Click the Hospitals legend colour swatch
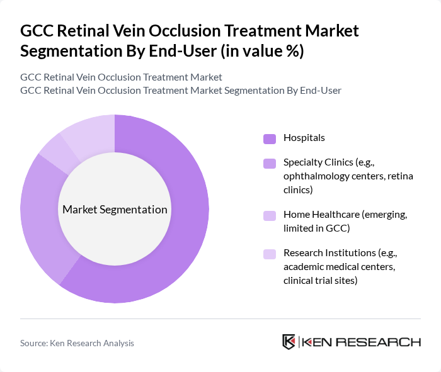click(270, 138)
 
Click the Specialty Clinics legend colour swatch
click(270, 164)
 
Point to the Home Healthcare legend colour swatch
click(270, 215)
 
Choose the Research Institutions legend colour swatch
click(270, 254)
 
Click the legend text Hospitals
click(304, 138)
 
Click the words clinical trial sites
click(320, 280)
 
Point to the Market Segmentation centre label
click(115, 210)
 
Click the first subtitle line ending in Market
click(121, 77)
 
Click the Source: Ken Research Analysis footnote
click(77, 343)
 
